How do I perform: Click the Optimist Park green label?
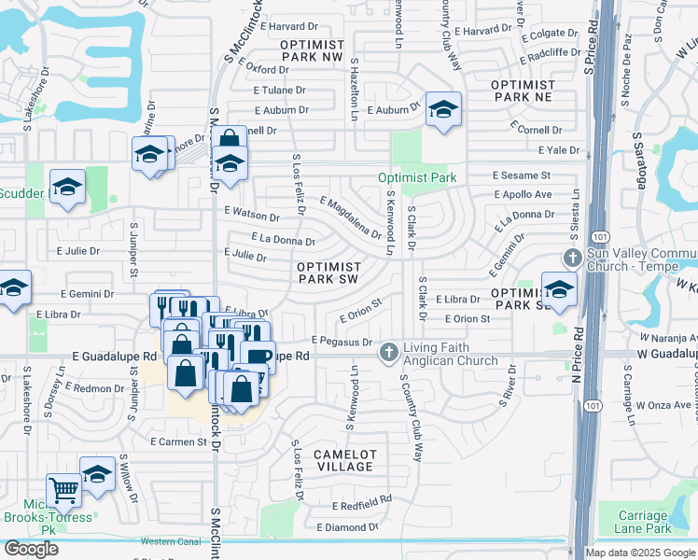tap(417, 177)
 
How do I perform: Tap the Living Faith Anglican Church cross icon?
tap(389, 353)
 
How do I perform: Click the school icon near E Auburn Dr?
tap(443, 109)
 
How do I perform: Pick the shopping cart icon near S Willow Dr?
tap(63, 488)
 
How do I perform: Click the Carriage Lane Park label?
tap(645, 521)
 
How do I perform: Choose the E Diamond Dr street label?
tap(346, 527)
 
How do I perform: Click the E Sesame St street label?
tap(523, 175)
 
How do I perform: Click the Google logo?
tap(31, 549)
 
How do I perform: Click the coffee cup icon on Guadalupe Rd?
tap(258, 357)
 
